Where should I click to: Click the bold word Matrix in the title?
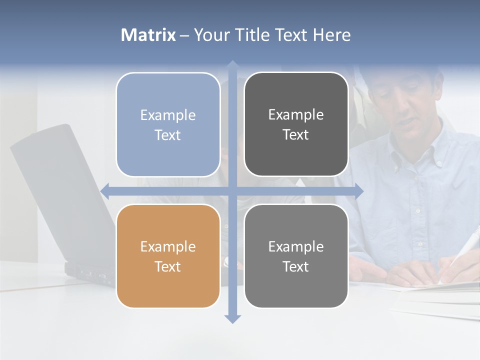pos(148,35)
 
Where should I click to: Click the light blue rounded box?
pos(168,124)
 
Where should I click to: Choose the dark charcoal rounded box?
pos(296,124)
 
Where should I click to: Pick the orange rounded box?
pos(168,256)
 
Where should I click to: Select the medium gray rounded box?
pos(296,256)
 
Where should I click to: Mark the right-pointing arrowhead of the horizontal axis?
pos(358,191)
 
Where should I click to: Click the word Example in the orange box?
pos(168,246)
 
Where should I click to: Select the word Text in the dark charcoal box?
pos(295,134)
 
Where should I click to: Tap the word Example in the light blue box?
pos(168,115)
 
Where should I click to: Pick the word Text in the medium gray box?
pos(295,266)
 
